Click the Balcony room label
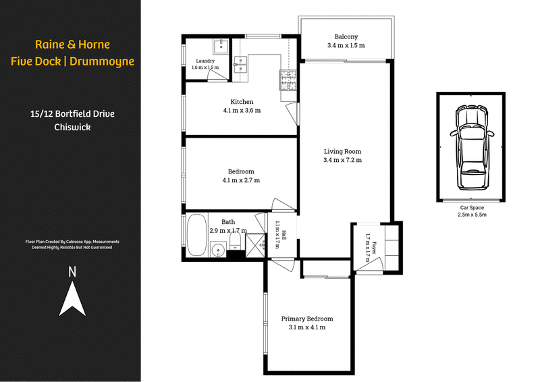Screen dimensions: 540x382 point(346,36)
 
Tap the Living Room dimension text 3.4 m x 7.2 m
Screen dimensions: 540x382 point(343,160)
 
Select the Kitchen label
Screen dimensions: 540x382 point(242,102)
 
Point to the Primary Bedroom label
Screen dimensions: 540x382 point(307,319)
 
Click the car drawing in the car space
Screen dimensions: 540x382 point(470,147)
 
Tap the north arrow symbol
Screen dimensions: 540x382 point(72,298)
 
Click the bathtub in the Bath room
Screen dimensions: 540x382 point(196,236)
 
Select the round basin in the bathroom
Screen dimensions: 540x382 point(218,250)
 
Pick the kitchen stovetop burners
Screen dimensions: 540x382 point(288,80)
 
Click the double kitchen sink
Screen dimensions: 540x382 point(240,64)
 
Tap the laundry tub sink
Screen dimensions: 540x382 point(221,47)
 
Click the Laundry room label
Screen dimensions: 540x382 point(205,61)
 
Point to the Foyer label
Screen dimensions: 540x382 point(374,248)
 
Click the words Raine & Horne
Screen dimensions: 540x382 point(72,45)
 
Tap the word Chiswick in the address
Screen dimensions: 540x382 point(72,127)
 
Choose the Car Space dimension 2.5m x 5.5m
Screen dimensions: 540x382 point(472,215)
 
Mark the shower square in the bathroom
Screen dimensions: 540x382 point(255,245)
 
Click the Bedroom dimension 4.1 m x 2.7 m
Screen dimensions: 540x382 point(241,180)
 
